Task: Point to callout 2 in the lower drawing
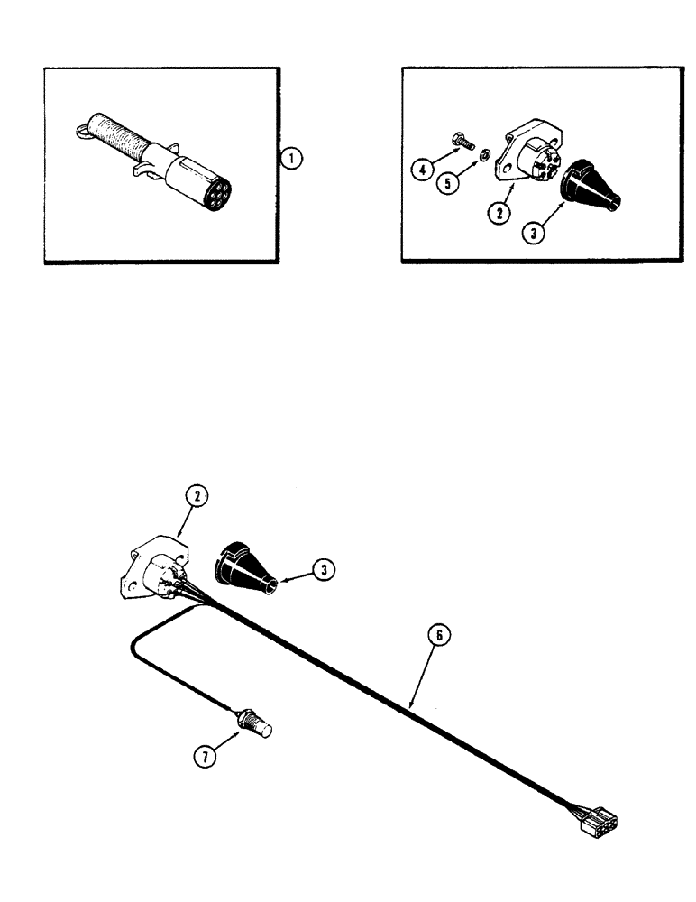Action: pos(196,495)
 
